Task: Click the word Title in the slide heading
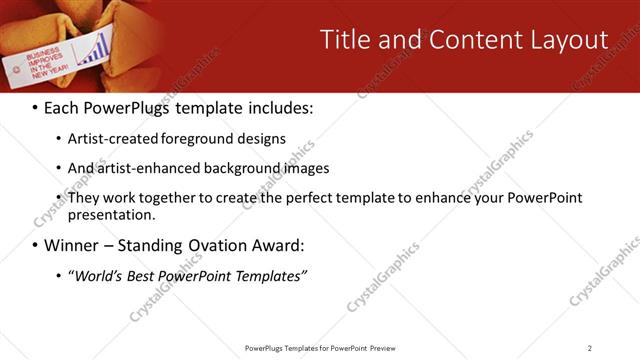click(x=345, y=40)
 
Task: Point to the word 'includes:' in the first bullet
click(x=281, y=108)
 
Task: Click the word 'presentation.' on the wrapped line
click(x=112, y=214)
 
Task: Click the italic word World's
click(x=102, y=275)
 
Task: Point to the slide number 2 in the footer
click(x=589, y=348)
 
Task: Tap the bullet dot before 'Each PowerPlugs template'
click(x=35, y=108)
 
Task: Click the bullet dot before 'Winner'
click(x=35, y=245)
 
